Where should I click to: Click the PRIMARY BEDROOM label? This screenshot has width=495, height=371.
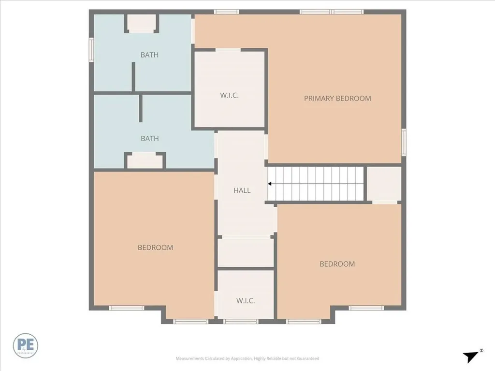pyautogui.click(x=337, y=99)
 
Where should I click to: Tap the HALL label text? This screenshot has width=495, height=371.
pyautogui.click(x=242, y=190)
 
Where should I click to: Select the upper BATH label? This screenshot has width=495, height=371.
pyautogui.click(x=149, y=55)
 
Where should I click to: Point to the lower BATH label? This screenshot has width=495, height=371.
pyautogui.click(x=149, y=139)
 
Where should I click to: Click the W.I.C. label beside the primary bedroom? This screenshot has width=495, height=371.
pyautogui.click(x=229, y=95)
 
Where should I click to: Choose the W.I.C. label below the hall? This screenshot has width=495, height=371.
pyautogui.click(x=246, y=301)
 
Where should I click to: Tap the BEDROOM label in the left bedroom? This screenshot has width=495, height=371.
pyautogui.click(x=155, y=248)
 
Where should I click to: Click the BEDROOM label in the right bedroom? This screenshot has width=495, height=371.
pyautogui.click(x=337, y=264)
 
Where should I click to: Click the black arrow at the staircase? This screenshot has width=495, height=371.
pyautogui.click(x=270, y=184)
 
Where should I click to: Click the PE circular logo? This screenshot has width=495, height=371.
pyautogui.click(x=26, y=346)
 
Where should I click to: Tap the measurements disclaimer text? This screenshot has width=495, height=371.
pyautogui.click(x=247, y=358)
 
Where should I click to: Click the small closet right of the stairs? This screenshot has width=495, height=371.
pyautogui.click(x=384, y=184)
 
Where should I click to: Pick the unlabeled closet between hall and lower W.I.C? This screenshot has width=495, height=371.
pyautogui.click(x=246, y=252)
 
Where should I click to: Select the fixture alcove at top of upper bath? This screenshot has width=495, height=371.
pyautogui.click(x=142, y=24)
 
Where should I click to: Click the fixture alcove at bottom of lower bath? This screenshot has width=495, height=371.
pyautogui.click(x=145, y=160)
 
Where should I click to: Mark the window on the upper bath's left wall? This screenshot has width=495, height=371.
pyautogui.click(x=91, y=50)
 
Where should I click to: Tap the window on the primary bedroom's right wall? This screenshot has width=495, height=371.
pyautogui.click(x=404, y=140)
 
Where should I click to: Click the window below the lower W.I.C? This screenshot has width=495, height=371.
pyautogui.click(x=241, y=321)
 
